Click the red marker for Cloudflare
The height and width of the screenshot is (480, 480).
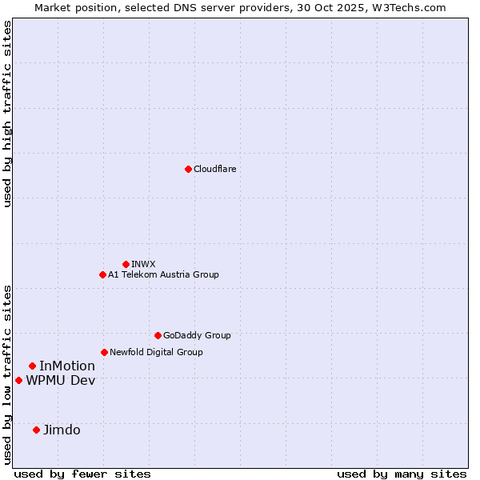coord(188,169)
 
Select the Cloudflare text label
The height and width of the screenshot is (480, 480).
coord(215,169)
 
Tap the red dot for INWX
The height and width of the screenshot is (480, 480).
coord(126,264)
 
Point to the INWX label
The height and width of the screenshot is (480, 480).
coord(143,264)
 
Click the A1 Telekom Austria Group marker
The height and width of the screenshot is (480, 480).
coord(102,274)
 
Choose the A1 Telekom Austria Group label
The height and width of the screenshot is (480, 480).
coord(163,274)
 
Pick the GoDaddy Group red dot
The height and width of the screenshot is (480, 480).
coord(158,335)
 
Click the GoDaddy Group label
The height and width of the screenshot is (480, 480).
coord(197,335)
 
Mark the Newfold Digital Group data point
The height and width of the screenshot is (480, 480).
coord(104,352)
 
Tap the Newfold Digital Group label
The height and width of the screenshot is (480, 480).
coord(156,352)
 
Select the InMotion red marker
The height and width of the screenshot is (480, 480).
coord(32,366)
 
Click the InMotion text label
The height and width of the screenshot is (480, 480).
coord(67,366)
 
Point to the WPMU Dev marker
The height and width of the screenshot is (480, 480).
coord(18,380)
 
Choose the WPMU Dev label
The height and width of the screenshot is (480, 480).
coord(60,381)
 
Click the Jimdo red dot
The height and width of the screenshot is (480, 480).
coord(36,430)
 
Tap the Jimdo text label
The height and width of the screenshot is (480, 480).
coord(62,430)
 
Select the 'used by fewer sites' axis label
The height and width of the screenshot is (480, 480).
coord(82,474)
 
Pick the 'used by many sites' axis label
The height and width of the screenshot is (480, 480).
coord(402,474)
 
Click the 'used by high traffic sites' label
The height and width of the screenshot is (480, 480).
coord(8,114)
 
